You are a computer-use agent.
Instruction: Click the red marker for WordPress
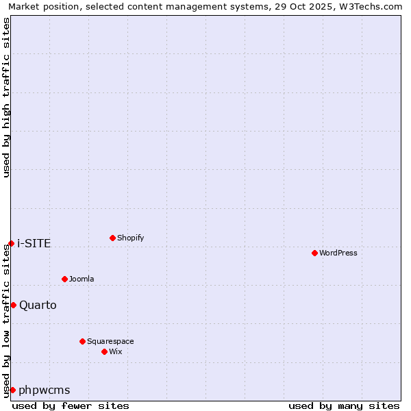pyautogui.click(x=314, y=253)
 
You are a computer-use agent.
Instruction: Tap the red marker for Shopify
pyautogui.click(x=112, y=238)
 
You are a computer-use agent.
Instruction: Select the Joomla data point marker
pyautogui.click(x=64, y=279)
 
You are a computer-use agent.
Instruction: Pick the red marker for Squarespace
pyautogui.click(x=82, y=341)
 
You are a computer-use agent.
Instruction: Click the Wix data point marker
pyautogui.click(x=104, y=351)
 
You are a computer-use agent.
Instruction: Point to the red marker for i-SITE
pyautogui.click(x=11, y=243)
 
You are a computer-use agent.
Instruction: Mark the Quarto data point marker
pyautogui.click(x=13, y=305)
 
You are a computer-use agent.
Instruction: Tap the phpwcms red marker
pyautogui.click(x=12, y=390)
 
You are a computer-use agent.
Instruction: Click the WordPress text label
pyautogui.click(x=338, y=253)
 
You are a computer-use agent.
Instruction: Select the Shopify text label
pyautogui.click(x=131, y=238)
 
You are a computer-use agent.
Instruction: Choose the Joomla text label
pyautogui.click(x=82, y=279)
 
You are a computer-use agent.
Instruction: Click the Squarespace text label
pyautogui.click(x=110, y=341)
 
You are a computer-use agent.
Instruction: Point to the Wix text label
pyautogui.click(x=116, y=351)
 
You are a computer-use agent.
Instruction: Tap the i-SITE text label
pyautogui.click(x=34, y=243)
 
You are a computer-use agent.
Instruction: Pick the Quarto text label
pyautogui.click(x=38, y=305)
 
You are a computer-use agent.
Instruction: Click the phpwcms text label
pyautogui.click(x=45, y=390)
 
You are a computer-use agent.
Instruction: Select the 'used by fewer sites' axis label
pyautogui.click(x=71, y=406)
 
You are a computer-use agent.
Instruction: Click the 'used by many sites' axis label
pyautogui.click(x=344, y=406)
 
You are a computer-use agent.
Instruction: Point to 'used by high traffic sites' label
pyautogui.click(x=7, y=97)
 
